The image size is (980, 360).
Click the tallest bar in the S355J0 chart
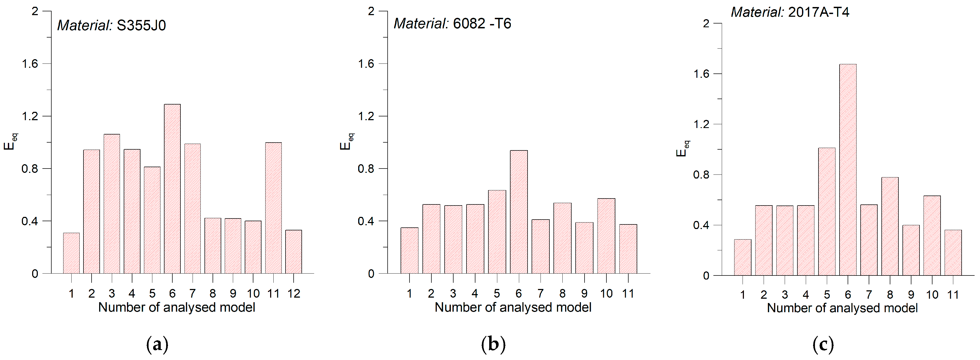[x=172, y=189]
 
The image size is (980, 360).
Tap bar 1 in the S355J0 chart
[x=71, y=253]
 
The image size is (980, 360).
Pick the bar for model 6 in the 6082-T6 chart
[x=519, y=211]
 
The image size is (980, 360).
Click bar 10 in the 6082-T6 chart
[x=606, y=236]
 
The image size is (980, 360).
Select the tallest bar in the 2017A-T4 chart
[x=848, y=170]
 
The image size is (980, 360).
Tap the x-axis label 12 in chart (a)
[x=294, y=293]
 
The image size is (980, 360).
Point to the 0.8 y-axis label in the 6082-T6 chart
[x=366, y=169]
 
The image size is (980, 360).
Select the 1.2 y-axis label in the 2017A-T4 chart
[x=702, y=124]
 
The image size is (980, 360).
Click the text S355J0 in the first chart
[x=141, y=25]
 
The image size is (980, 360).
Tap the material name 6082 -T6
[x=482, y=23]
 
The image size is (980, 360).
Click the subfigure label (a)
[x=157, y=344]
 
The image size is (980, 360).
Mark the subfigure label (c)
[x=823, y=344]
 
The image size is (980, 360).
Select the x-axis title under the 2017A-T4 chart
[x=842, y=308]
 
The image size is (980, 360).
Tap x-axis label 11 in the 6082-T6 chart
[x=628, y=293]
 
